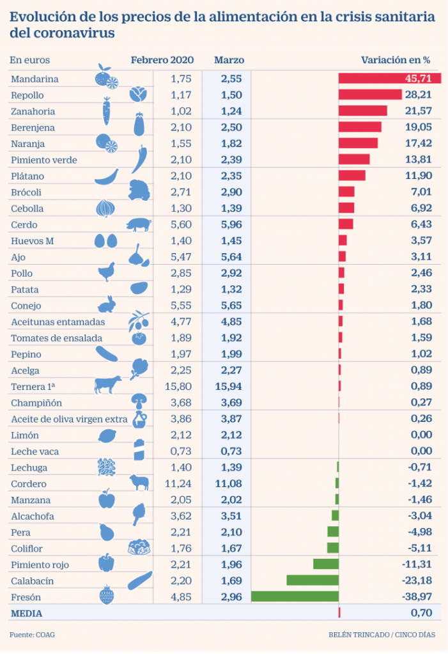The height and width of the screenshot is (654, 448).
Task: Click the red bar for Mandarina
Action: pyautogui.click(x=389, y=79)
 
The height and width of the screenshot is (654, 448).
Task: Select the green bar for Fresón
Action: pyautogui.click(x=295, y=596)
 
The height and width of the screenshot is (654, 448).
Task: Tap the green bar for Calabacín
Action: pyautogui.click(x=313, y=580)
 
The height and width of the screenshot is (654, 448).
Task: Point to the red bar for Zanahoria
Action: pyautogui.click(x=362, y=111)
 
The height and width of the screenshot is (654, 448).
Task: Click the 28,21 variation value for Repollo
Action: pyautogui.click(x=419, y=95)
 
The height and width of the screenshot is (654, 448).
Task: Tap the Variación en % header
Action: pyautogui.click(x=396, y=60)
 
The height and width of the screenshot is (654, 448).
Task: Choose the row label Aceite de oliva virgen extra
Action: pyautogui.click(x=70, y=419)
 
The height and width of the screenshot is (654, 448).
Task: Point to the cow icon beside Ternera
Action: pyautogui.click(x=107, y=385)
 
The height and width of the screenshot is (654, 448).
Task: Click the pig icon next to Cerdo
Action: pyautogui.click(x=139, y=224)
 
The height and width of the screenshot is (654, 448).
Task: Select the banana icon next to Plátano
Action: pyautogui.click(x=106, y=176)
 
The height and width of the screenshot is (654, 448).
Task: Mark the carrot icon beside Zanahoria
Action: pyautogui.click(x=107, y=111)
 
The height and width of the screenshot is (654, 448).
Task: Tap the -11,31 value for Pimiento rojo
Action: pyautogui.click(x=418, y=564)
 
